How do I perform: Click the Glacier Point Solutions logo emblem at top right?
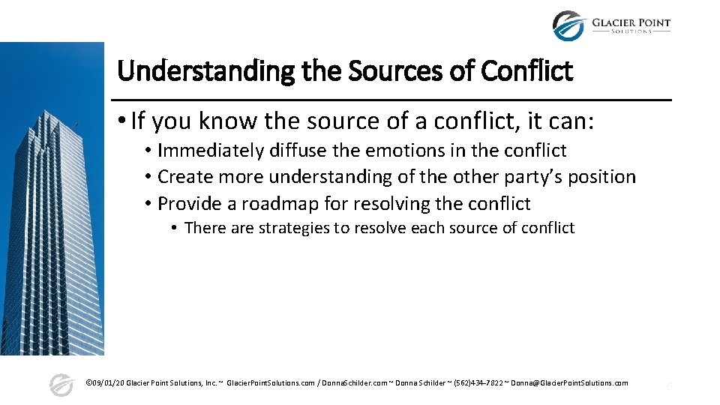[x=568, y=25]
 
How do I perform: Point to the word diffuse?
[x=298, y=151]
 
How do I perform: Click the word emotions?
[x=403, y=151]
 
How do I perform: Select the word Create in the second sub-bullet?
[x=181, y=178]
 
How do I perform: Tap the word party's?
[x=529, y=178]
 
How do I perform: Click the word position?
[x=602, y=178]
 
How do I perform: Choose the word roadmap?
[x=280, y=204]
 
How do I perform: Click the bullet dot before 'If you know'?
[x=121, y=120]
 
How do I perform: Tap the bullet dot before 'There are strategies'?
[x=173, y=228]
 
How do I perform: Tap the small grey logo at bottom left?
[x=61, y=384]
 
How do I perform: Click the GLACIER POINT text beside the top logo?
[x=631, y=22]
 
